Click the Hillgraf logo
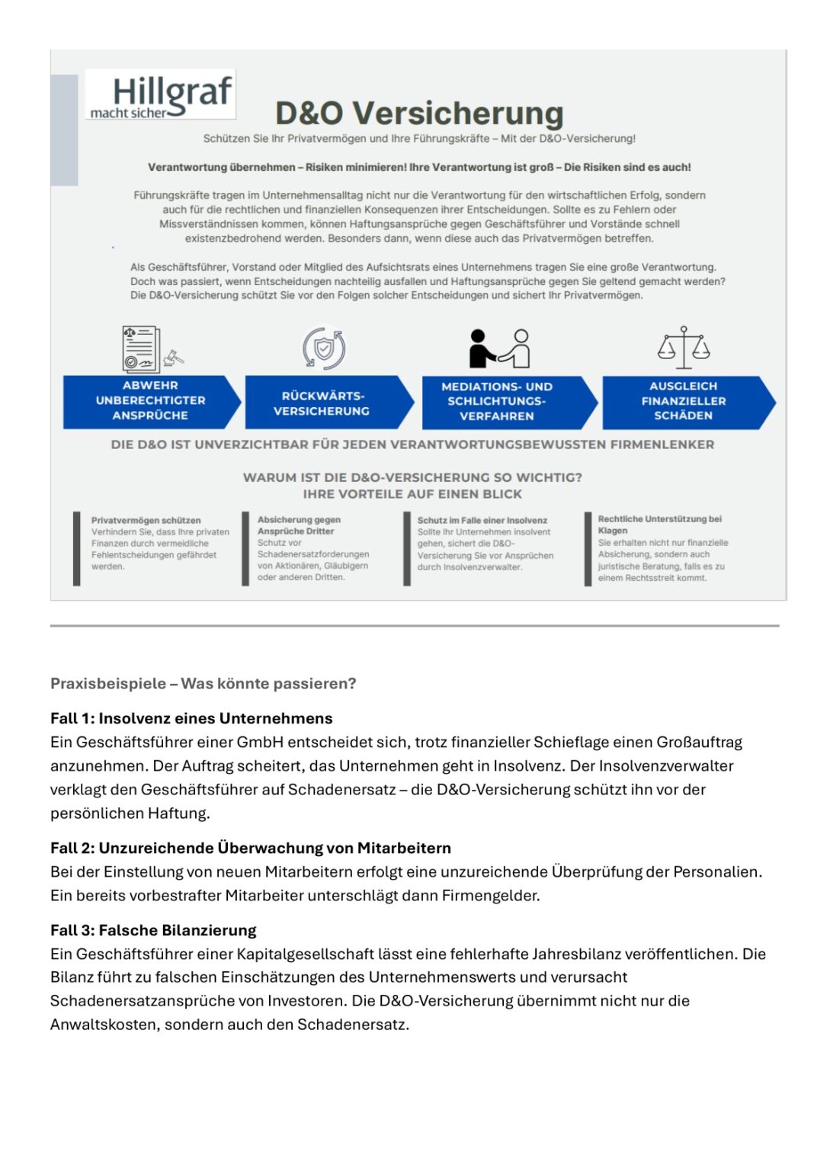tap(161, 96)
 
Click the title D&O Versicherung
tap(419, 114)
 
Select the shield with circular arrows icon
tap(324, 348)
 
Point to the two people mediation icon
tap(499, 348)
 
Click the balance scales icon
tap(684, 348)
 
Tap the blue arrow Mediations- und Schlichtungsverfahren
tap(503, 402)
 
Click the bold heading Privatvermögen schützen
tap(146, 521)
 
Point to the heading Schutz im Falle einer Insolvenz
tap(482, 521)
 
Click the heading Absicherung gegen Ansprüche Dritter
tap(299, 525)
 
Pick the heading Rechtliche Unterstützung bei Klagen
tap(659, 524)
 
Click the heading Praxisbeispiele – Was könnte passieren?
tap(203, 684)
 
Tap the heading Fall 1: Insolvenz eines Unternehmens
tap(191, 719)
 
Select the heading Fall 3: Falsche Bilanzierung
tap(153, 931)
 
